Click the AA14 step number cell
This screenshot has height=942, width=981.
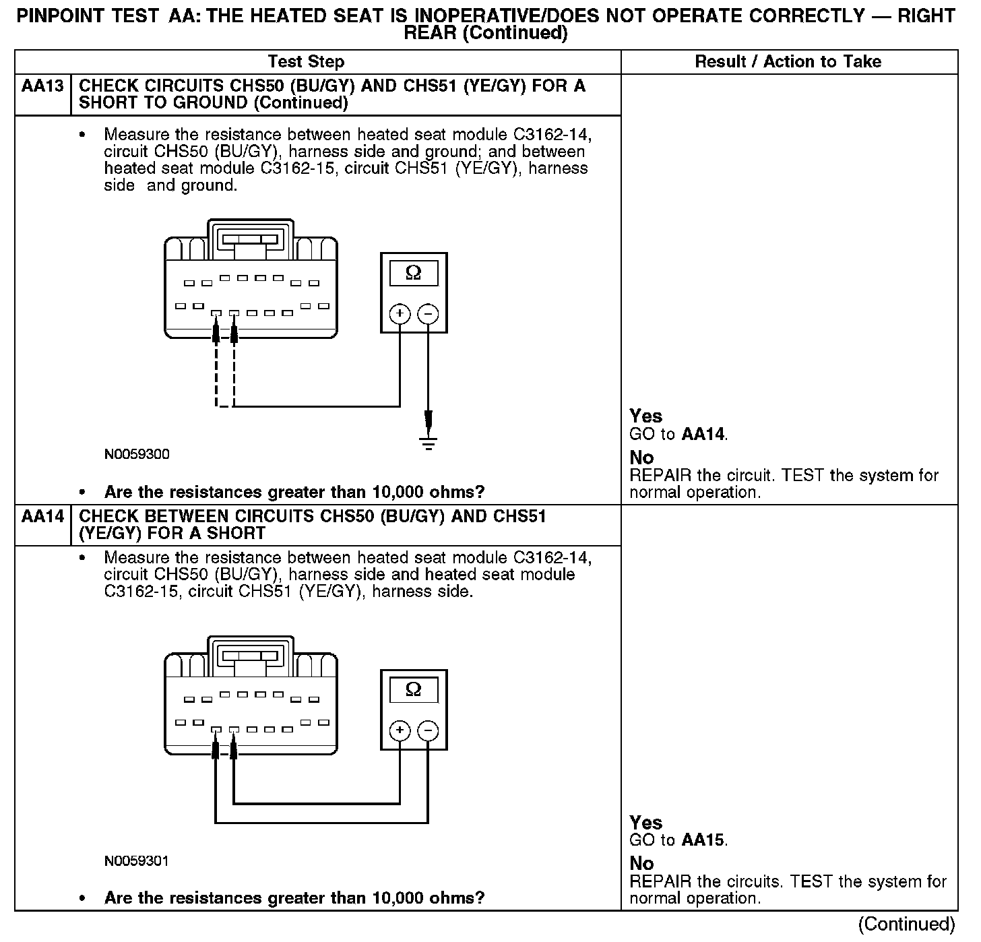[42, 517]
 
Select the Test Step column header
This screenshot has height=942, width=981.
[306, 62]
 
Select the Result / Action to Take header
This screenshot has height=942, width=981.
[788, 62]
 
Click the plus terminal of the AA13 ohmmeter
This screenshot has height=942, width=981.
[400, 314]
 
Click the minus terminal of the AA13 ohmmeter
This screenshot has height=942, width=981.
[428, 314]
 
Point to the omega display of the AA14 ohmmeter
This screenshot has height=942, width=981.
[414, 690]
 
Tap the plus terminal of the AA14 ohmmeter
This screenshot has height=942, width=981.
[400, 731]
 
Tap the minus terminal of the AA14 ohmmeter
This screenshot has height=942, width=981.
[428, 731]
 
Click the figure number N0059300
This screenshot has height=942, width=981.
[137, 454]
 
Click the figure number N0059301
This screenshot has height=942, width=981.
[137, 861]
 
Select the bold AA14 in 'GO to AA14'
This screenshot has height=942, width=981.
[703, 435]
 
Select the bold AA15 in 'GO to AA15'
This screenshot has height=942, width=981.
[703, 840]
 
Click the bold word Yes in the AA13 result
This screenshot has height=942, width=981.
[645, 416]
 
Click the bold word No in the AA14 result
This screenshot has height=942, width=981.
[641, 864]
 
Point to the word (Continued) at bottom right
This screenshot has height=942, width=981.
[907, 924]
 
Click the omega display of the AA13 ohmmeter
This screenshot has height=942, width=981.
[414, 273]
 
